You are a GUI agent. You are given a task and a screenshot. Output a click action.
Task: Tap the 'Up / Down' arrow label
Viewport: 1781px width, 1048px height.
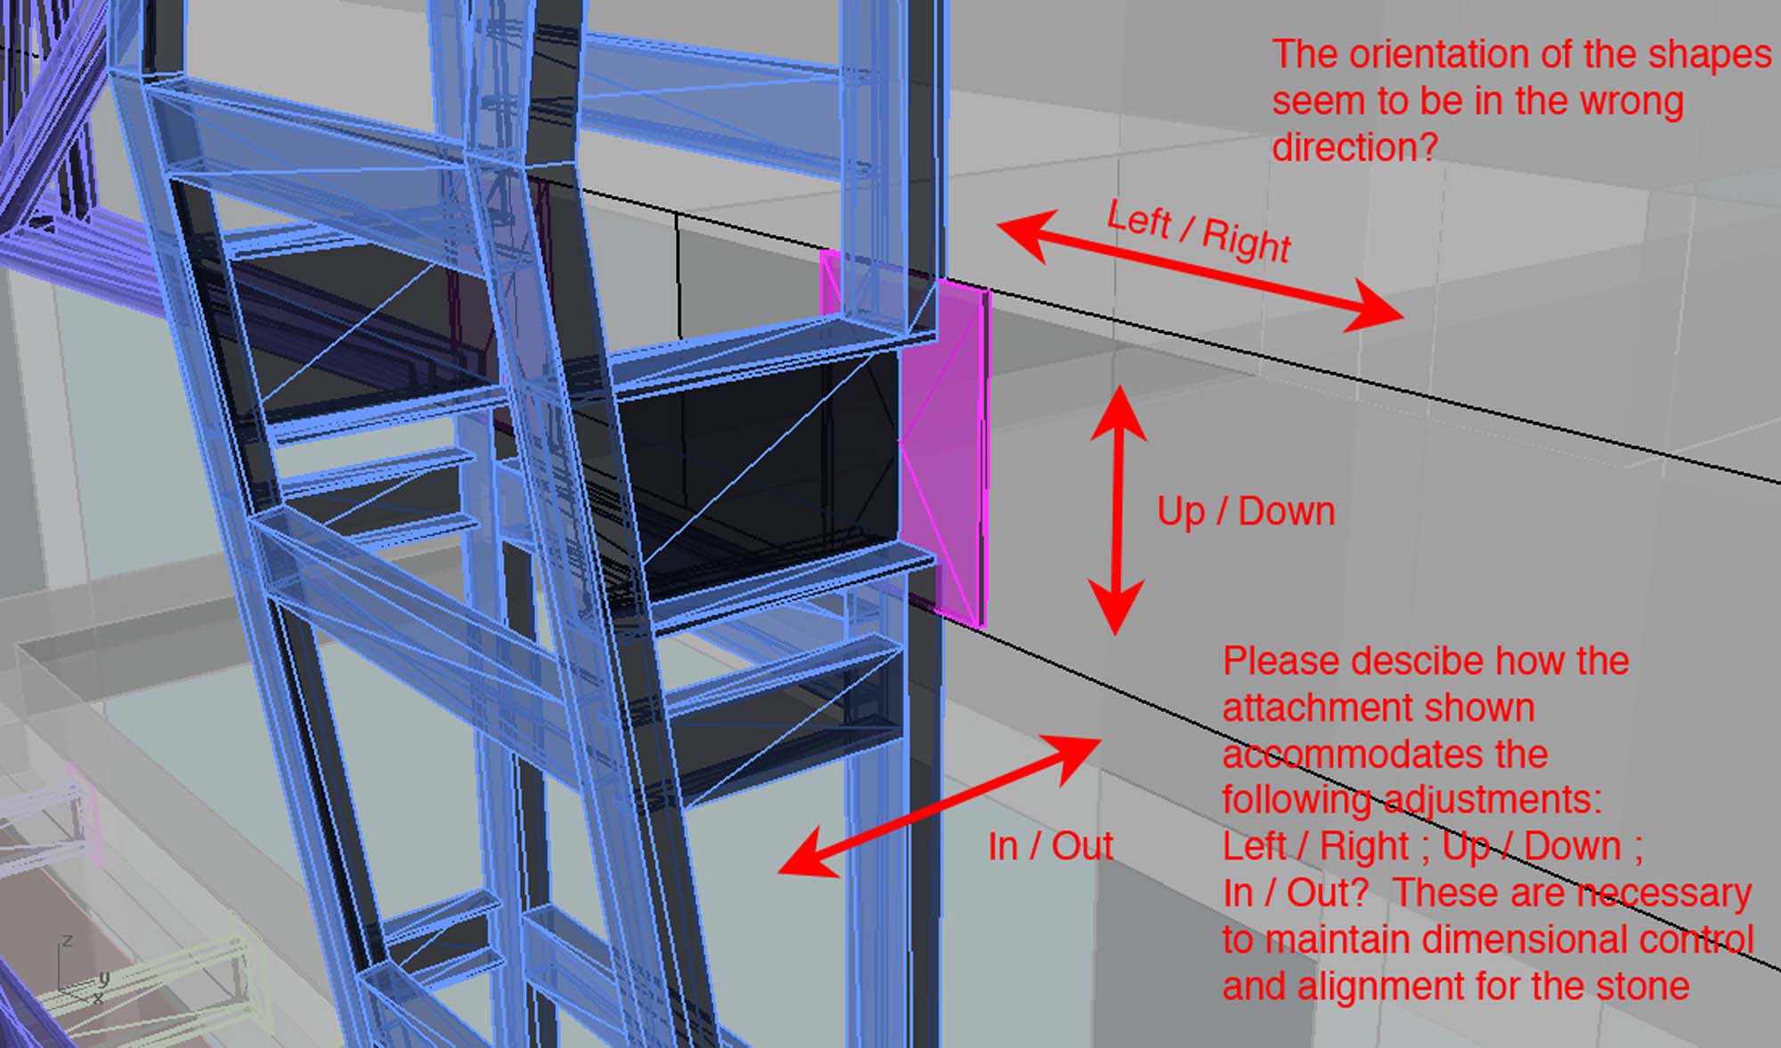(1246, 512)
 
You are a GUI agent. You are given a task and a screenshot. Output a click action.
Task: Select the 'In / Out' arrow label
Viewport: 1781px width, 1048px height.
(1051, 846)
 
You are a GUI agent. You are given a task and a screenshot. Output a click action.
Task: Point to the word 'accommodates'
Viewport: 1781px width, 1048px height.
(1385, 755)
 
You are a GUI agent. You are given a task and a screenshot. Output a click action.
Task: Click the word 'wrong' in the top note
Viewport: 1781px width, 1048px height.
(1631, 102)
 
